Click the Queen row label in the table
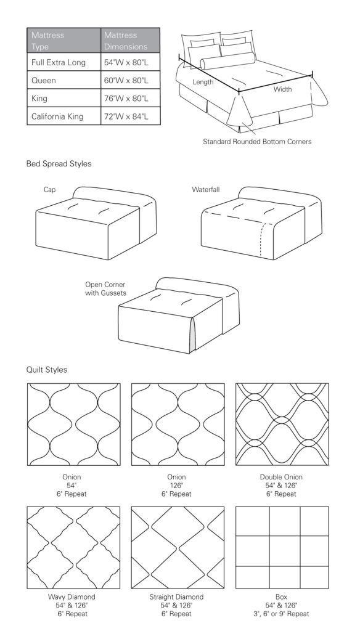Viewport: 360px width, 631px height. [44, 81]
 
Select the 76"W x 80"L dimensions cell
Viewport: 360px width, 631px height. [126, 98]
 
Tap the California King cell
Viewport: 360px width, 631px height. [57, 116]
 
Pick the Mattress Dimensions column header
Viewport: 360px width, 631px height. [126, 41]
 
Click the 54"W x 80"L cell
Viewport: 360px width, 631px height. [126, 62]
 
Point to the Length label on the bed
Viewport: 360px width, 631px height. [203, 82]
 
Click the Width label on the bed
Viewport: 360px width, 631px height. [282, 89]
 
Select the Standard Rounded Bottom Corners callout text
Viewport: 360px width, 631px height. [257, 142]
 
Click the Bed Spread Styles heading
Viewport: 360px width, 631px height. [59, 164]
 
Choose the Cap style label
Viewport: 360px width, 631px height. [49, 189]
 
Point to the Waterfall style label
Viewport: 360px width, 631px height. [206, 189]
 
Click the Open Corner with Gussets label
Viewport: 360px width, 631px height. [105, 289]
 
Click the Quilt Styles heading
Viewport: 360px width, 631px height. [47, 370]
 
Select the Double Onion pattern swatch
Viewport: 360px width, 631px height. [282, 425]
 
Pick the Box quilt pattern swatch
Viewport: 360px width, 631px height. [282, 548]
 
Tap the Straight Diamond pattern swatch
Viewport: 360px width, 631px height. [178, 548]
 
